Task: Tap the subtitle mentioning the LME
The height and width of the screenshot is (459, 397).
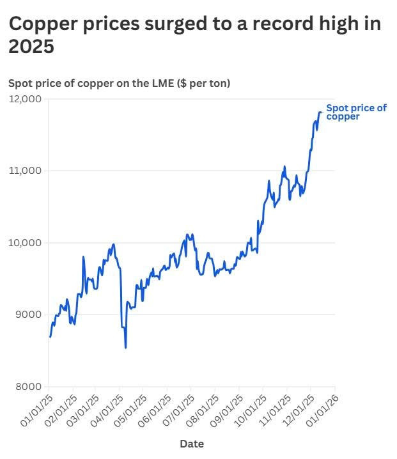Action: [x=119, y=84]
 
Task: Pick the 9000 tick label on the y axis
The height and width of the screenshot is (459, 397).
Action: [x=27, y=315]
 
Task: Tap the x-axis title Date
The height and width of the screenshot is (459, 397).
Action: [x=192, y=444]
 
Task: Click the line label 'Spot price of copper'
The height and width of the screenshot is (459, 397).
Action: [x=356, y=112]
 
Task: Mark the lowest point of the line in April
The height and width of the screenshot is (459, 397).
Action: [x=125, y=347]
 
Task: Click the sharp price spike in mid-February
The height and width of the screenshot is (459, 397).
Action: [x=84, y=257]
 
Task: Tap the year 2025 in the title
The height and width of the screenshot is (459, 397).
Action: [x=31, y=46]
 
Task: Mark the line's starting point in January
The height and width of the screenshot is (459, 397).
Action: [x=50, y=336]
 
